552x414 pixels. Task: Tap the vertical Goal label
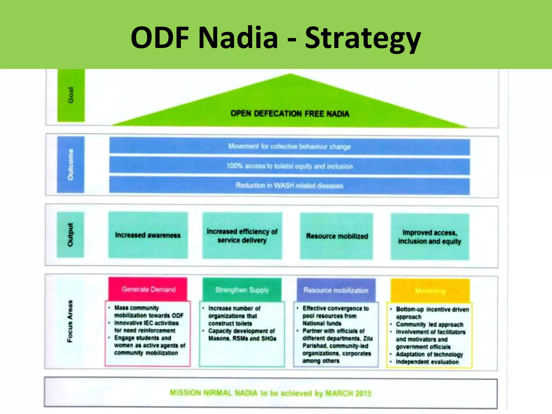point(71,95)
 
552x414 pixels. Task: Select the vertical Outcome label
point(70,164)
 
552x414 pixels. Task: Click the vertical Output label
point(70,234)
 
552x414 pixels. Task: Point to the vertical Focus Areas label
point(70,321)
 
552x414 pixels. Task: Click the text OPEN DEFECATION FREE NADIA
point(290,113)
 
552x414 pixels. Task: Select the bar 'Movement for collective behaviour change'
point(289,146)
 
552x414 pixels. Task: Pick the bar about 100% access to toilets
point(289,166)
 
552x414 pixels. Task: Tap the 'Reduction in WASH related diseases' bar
point(289,185)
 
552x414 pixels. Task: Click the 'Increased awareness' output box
point(148,235)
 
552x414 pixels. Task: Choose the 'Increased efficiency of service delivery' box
point(242,236)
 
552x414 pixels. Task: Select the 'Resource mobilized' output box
point(337,236)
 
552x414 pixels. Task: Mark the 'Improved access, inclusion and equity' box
point(430,237)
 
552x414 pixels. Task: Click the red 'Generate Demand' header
point(148,289)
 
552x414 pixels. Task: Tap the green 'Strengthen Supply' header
point(242,290)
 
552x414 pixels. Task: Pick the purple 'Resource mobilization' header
point(336,290)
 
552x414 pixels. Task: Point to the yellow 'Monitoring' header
point(430,291)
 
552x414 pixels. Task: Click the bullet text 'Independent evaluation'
point(427,362)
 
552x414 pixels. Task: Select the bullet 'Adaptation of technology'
point(429,354)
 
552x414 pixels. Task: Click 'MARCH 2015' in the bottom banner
point(348,394)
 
